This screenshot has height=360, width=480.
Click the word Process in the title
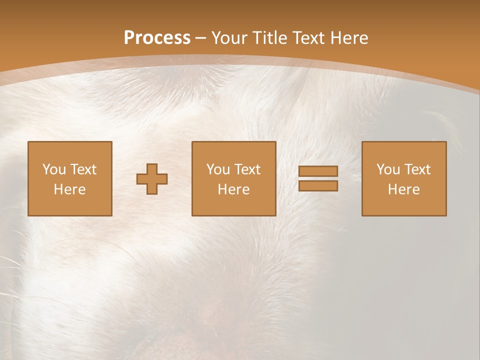157,38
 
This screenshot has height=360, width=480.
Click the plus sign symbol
152,179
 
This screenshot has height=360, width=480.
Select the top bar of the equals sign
318,171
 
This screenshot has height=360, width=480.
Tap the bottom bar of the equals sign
318,185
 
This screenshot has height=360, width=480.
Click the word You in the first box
53,169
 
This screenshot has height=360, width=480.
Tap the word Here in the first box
70,189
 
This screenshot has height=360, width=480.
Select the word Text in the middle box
247,169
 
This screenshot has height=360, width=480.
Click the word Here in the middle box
234,189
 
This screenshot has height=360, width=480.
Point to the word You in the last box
387,169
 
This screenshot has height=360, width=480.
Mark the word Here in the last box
404,189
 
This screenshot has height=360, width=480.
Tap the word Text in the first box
83,169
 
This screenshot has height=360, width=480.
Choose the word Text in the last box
417,169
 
